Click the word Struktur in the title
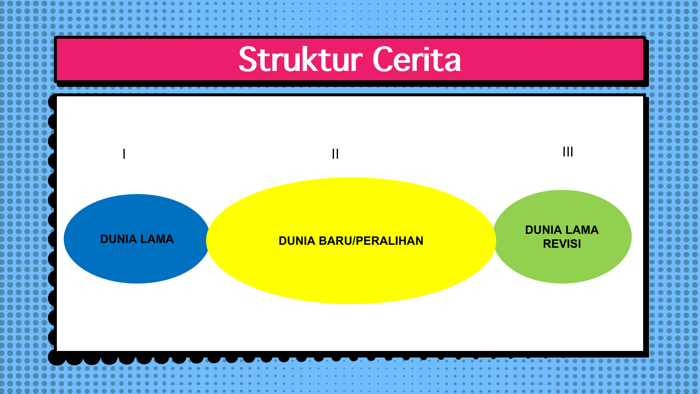[x=301, y=59]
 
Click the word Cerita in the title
[x=417, y=59]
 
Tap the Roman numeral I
[x=124, y=154]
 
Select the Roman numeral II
[x=335, y=154]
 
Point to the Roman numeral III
[x=568, y=151]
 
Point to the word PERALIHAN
[x=390, y=241]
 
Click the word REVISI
[x=562, y=244]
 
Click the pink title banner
[x=350, y=59]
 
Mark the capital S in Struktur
[x=247, y=59]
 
